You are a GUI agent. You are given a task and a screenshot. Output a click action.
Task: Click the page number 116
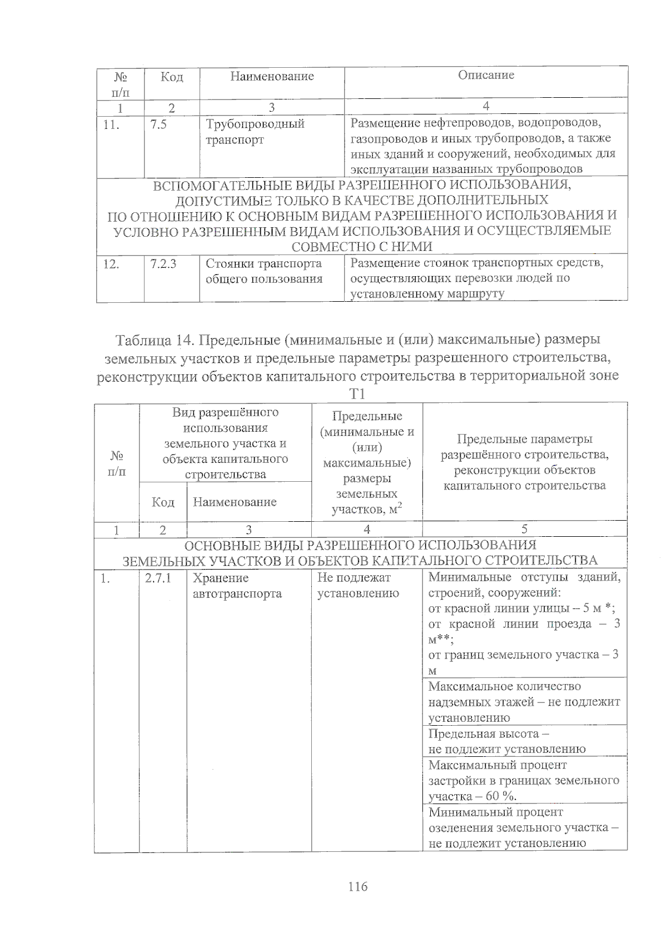point(358,886)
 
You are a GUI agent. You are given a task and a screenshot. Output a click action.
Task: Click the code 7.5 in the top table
point(158,124)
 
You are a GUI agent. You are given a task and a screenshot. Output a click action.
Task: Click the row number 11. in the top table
point(112,124)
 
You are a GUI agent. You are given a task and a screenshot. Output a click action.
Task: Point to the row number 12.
point(112,264)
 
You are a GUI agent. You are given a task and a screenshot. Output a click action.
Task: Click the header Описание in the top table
point(486,75)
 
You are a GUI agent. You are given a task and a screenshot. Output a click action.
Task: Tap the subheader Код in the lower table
point(163,502)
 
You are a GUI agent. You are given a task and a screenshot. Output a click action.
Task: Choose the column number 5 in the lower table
point(524,529)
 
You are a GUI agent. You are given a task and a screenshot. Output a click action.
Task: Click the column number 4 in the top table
point(486,106)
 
